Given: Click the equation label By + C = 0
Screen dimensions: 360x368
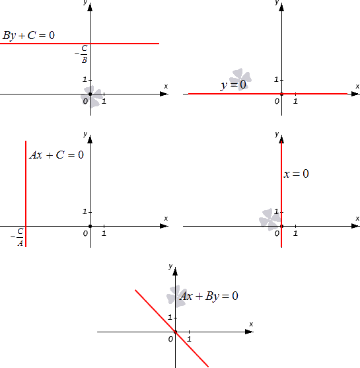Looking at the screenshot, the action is pos(28,36).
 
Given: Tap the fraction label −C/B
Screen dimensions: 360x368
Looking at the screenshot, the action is pos(81,54).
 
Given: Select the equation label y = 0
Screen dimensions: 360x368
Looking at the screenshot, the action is pos(234,85).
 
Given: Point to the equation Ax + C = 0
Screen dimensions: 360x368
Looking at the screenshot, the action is pos(57,155).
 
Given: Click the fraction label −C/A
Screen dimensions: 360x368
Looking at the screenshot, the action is pos(17,237).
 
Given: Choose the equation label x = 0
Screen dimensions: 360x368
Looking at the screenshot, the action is pos(296,174).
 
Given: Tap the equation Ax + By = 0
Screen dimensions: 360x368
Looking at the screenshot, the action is pos(209,296).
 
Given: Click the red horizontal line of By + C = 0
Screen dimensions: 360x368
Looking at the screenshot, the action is pos(79,44).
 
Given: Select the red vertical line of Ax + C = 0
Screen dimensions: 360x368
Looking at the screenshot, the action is pos(26,194).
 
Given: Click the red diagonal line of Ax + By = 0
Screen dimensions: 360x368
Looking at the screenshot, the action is pos(172,328).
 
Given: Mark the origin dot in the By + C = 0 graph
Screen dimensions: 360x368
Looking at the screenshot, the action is pos(90,94).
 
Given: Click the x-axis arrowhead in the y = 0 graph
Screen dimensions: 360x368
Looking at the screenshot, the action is pos(355,94).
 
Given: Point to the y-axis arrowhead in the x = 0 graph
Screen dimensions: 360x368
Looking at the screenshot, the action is pos(281,139).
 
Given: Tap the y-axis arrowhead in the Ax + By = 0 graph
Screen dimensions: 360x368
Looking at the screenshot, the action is pos(175,271).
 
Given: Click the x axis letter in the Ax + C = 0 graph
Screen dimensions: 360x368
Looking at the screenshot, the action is pos(166,219).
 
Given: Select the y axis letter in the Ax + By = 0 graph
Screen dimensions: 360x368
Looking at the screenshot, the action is pos(170,266).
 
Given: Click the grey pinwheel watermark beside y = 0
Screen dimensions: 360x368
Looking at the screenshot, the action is pos(240,79).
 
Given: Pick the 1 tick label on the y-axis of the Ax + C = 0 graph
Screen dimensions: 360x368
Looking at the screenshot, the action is pos(85,211).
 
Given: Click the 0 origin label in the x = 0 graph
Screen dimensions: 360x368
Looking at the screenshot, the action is pos(277,233).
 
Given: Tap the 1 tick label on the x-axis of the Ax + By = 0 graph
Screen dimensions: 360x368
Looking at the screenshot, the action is pos(189,339).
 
